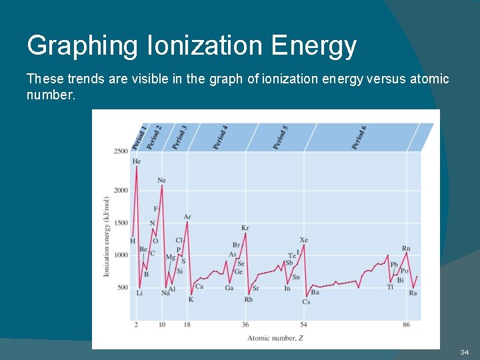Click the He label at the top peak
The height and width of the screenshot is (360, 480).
coord(137,161)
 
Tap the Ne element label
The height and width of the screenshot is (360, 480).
coord(162,181)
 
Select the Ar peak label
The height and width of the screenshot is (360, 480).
coord(187,217)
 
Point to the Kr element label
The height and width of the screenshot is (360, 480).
coord(245,228)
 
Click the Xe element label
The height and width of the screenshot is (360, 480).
coord(304,240)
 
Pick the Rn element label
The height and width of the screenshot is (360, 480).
coord(406,249)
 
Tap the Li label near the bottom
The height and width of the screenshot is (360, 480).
coord(139,293)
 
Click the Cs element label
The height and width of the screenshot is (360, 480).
coord(306,301)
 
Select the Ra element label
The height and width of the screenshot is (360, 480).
coord(413,293)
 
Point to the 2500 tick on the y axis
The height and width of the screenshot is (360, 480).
coord(120,151)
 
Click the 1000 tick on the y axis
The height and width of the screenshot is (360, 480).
coord(120,255)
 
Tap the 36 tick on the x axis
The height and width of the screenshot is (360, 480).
coord(245,325)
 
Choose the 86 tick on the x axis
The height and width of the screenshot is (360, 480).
coord(407,325)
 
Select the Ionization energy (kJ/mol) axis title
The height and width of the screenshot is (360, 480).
coord(106,237)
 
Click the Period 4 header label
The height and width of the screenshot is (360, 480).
coord(221,137)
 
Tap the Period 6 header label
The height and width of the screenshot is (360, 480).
coord(359,137)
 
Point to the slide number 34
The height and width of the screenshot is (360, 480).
coord(464,351)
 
